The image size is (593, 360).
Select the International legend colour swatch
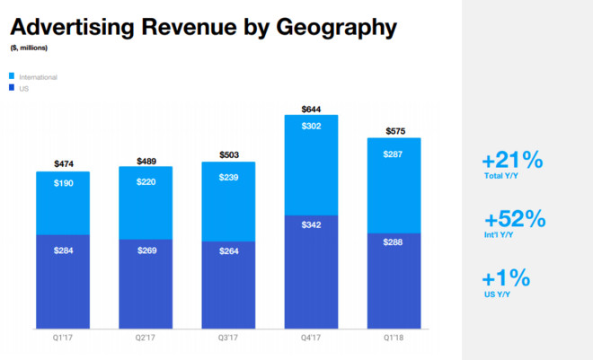(13, 77)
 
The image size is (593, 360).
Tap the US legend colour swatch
(13, 88)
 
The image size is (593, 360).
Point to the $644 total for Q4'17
(311, 108)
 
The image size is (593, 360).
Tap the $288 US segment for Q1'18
(394, 269)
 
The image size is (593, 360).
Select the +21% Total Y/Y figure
(512, 161)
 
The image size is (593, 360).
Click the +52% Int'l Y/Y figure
(515, 220)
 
